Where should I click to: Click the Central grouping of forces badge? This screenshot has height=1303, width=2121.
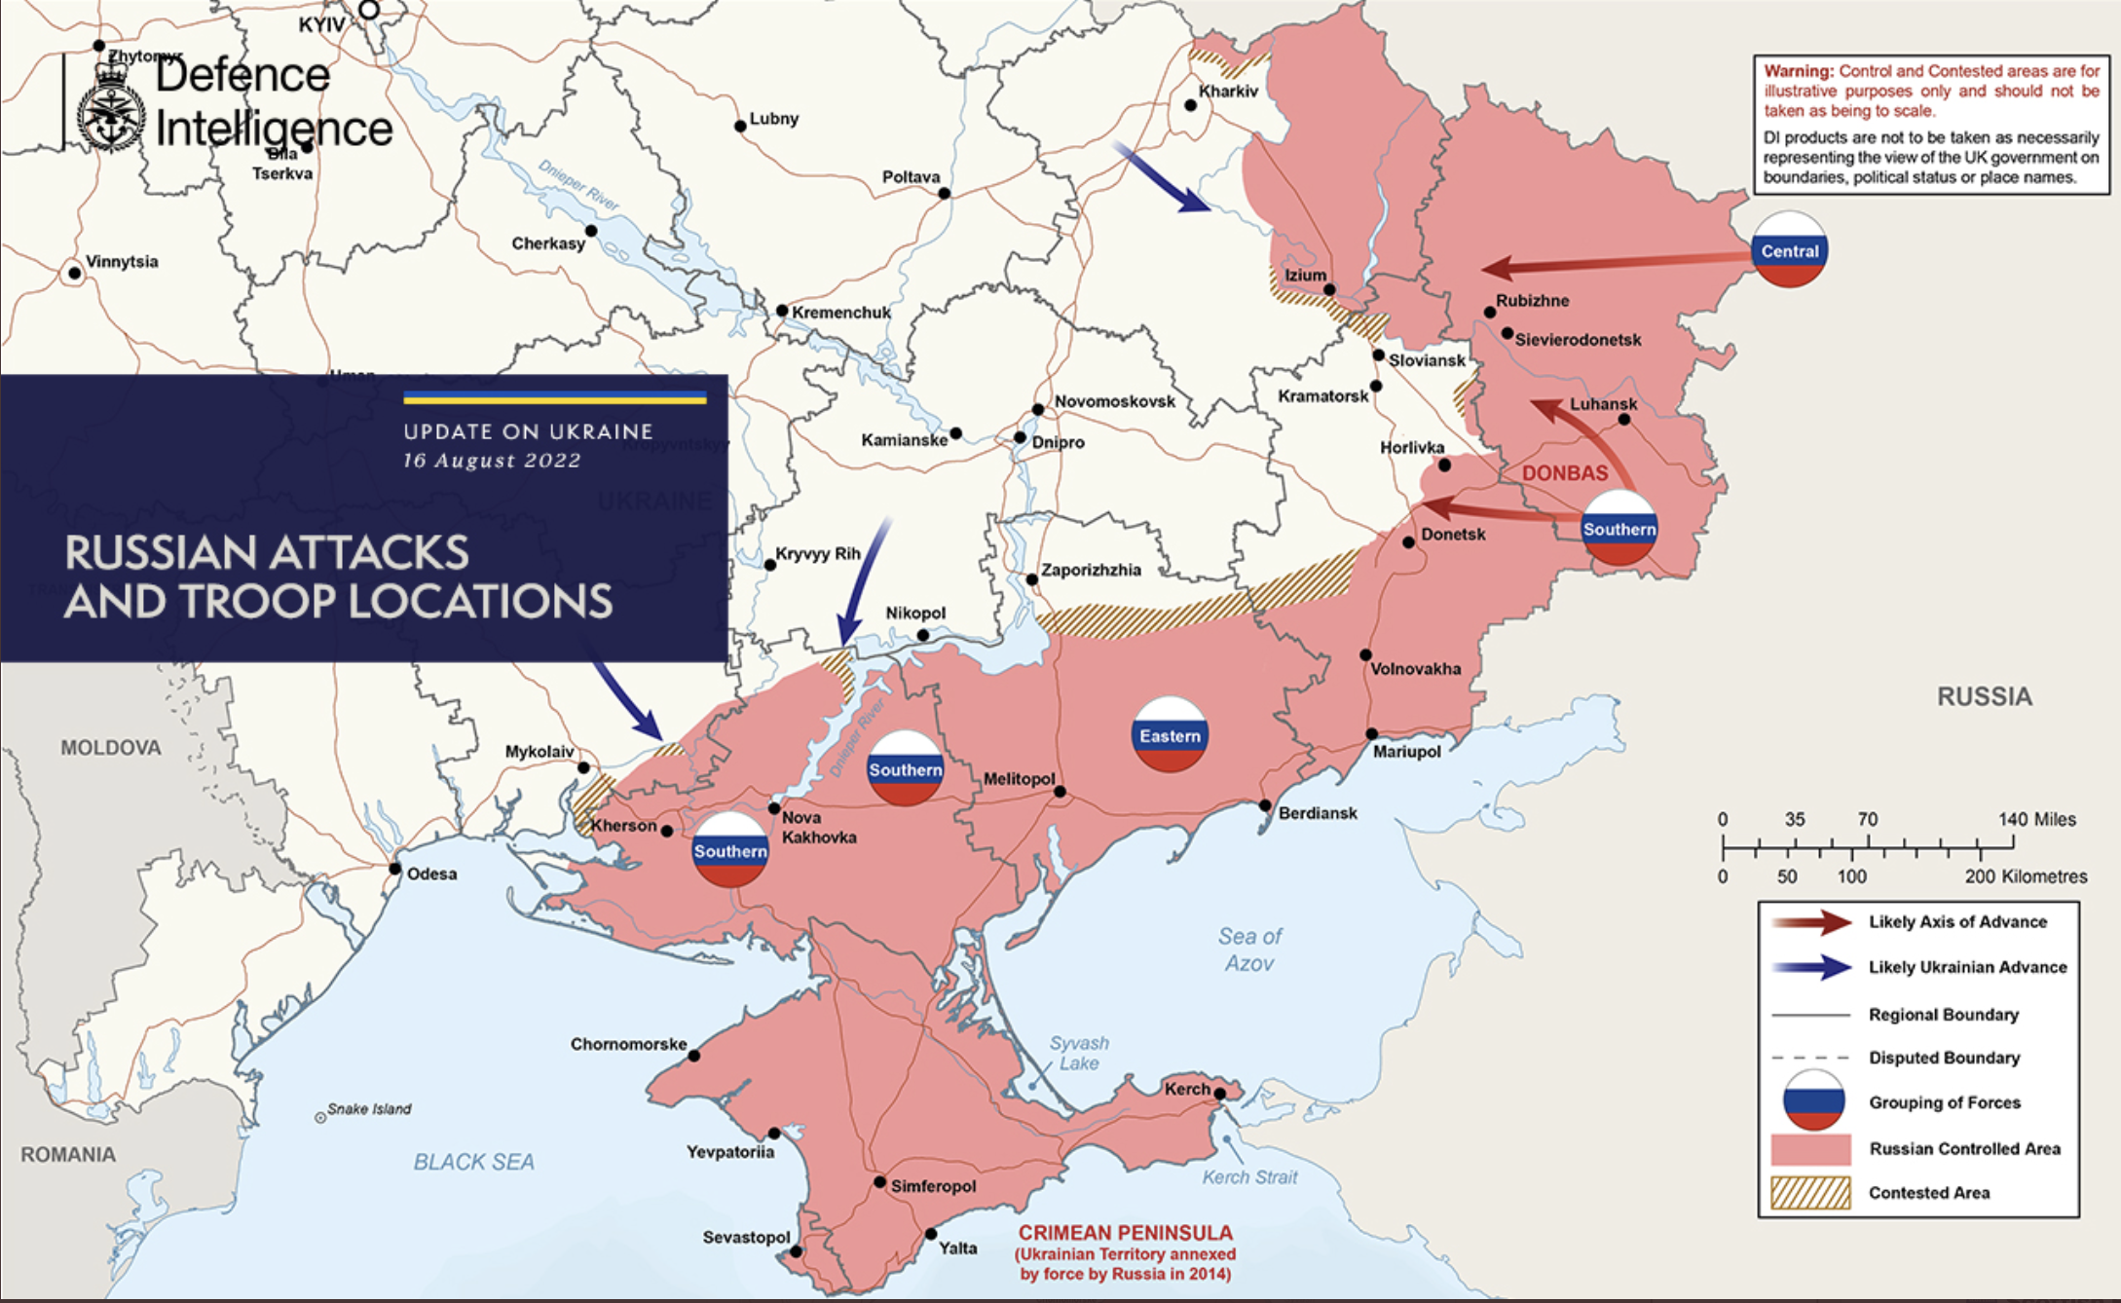(1789, 250)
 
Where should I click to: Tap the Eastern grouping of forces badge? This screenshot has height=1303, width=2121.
(1170, 735)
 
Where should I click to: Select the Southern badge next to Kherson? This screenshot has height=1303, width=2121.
(730, 850)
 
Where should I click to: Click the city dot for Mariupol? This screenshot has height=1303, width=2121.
(1371, 733)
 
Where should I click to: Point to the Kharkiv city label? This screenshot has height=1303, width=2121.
(1228, 91)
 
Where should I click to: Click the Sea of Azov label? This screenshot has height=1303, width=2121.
(1249, 949)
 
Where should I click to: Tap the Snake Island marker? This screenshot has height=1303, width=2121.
(320, 1117)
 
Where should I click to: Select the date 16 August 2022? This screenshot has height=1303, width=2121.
(492, 461)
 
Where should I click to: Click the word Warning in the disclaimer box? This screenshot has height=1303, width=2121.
(1798, 71)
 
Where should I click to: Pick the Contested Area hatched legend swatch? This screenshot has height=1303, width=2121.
(1810, 1193)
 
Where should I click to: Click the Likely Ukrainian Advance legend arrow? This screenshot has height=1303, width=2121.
(1812, 967)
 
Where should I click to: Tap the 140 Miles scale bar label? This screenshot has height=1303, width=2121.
(2036, 819)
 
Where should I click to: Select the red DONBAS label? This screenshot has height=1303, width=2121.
(1564, 473)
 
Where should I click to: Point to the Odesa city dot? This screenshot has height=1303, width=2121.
(394, 868)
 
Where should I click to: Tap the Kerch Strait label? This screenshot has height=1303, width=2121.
(1249, 1176)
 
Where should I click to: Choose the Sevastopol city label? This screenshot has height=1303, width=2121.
(746, 1237)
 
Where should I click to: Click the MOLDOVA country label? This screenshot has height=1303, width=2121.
(110, 748)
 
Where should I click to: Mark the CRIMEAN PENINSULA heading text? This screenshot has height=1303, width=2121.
(1125, 1232)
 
